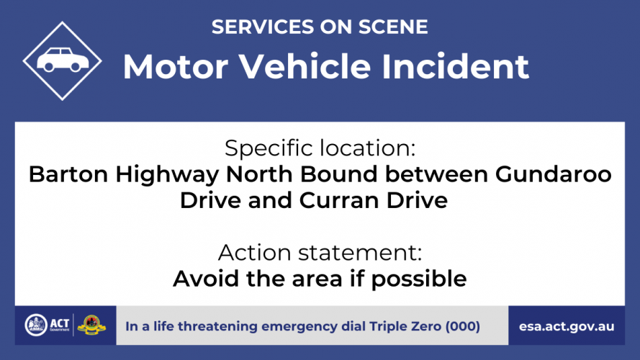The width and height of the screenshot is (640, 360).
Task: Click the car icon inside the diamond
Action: point(63,60)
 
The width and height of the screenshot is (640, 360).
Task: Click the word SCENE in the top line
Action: point(393,27)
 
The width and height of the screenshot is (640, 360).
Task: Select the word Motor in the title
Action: point(176,66)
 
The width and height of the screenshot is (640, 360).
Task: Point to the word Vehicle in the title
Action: point(305,66)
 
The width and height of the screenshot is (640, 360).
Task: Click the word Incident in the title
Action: point(455,66)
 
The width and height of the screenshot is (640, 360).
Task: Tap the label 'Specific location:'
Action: point(320,148)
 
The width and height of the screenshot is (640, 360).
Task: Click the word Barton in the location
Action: point(68,174)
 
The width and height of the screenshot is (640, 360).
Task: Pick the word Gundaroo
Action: point(554,174)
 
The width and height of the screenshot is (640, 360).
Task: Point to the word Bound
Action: point(339,174)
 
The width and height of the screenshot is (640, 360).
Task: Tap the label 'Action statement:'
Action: point(320,253)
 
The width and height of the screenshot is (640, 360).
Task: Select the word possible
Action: point(419,279)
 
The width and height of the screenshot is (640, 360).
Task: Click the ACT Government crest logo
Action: point(36,325)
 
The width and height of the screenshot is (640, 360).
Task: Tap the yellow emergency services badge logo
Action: point(91,325)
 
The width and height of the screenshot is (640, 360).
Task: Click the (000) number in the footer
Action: point(462,326)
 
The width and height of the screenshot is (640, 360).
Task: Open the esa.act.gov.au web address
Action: point(567,327)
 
